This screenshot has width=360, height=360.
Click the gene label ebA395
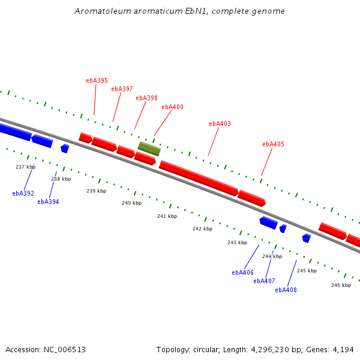tap(97, 80)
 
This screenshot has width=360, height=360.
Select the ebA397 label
tap(122, 89)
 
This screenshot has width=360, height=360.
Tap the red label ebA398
tap(147, 98)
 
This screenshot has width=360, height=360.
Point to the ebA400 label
tap(172, 107)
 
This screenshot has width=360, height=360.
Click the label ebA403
tap(220, 124)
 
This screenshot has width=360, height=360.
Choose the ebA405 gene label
tap(273, 144)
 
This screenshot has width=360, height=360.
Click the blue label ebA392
tap(23, 193)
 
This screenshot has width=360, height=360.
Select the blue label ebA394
tap(48, 202)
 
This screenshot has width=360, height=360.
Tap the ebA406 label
tap(242, 272)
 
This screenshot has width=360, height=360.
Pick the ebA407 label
tap(264, 281)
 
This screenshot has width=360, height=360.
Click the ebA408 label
tap(286, 290)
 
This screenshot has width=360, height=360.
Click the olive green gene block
tap(149, 149)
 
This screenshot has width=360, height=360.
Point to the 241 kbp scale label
tap(167, 216)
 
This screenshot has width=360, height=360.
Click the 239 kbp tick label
tap(97, 191)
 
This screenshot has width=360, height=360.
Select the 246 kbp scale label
tap(341, 285)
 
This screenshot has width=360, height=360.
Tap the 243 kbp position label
tap(238, 242)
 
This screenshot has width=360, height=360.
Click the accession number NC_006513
tap(65, 350)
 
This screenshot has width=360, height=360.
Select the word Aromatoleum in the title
tap(103, 11)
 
